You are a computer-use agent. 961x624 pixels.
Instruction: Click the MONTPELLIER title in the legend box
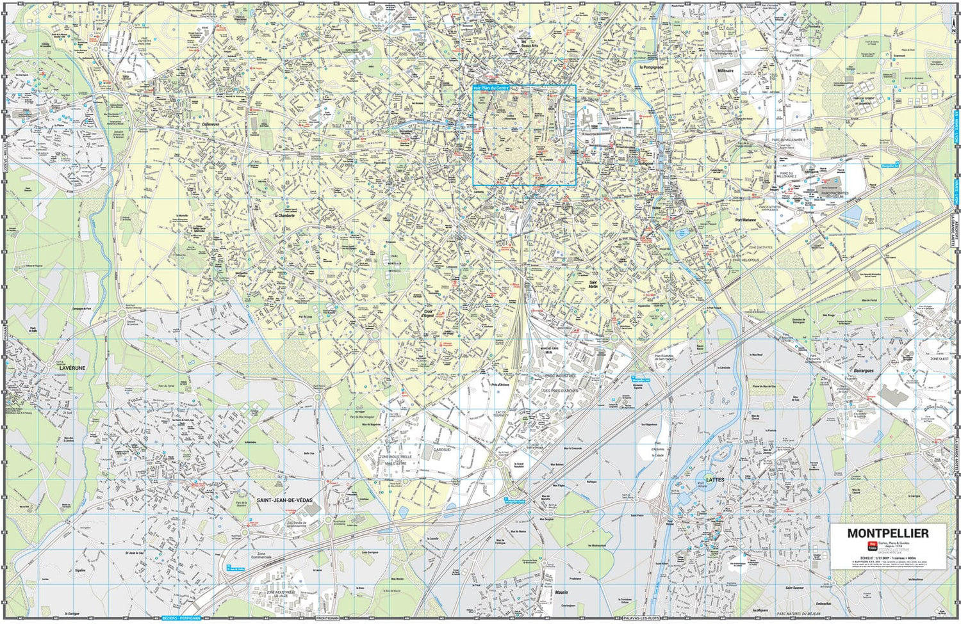(887, 533)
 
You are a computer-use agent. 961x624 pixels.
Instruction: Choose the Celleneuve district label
(210, 125)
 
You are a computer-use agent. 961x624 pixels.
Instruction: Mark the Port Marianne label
(746, 220)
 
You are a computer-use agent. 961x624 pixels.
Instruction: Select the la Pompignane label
(652, 67)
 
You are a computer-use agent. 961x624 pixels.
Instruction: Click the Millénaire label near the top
(725, 71)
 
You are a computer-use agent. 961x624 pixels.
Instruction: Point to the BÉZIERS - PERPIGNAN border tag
(182, 618)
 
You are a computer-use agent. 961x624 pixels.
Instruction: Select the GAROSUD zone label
(442, 449)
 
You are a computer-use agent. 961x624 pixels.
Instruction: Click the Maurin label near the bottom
(561, 593)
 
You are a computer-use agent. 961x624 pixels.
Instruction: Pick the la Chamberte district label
(284, 216)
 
